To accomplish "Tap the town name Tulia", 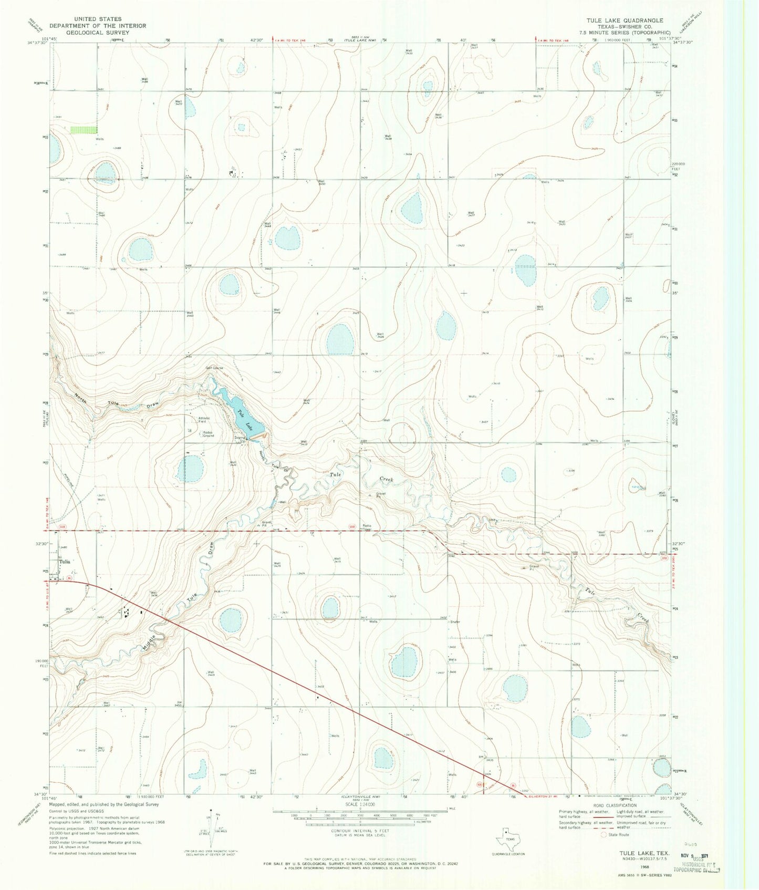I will pos(64,562).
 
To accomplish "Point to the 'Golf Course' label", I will pos(214,368).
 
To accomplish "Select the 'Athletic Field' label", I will pos(204,420).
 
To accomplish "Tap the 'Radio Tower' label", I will pos(367,527).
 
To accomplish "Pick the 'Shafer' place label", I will pos(455,622).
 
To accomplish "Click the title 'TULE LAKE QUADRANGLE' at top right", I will pos(617,20).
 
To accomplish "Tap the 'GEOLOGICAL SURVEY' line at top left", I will pos(97,32).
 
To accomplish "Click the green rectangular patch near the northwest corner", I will pos(84,129).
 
